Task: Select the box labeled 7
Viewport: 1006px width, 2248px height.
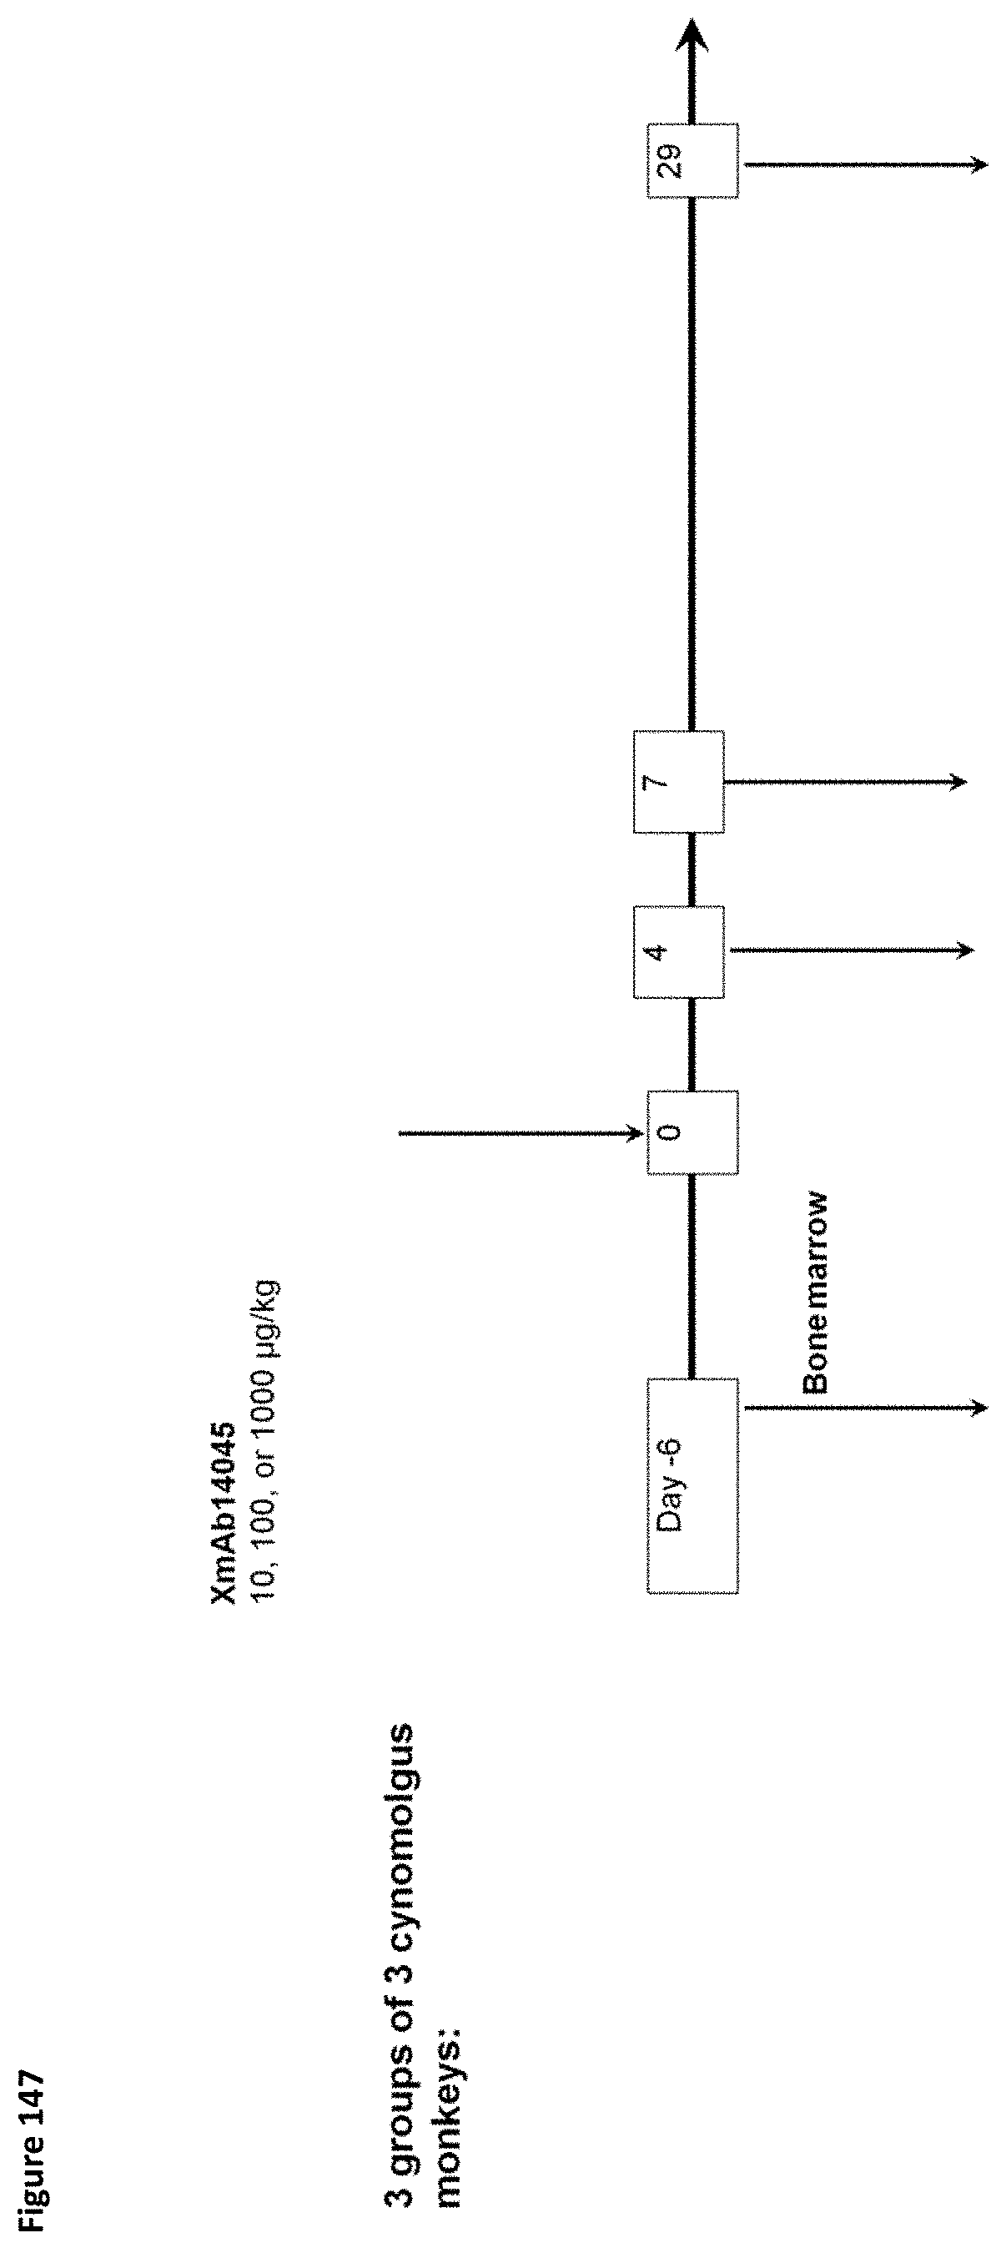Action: click(x=679, y=781)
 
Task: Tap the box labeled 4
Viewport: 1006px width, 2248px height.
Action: click(x=679, y=951)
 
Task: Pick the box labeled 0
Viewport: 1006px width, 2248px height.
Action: click(x=692, y=1132)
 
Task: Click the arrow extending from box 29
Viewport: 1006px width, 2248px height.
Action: click(x=864, y=164)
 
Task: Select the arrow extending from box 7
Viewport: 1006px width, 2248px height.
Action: click(x=844, y=782)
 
